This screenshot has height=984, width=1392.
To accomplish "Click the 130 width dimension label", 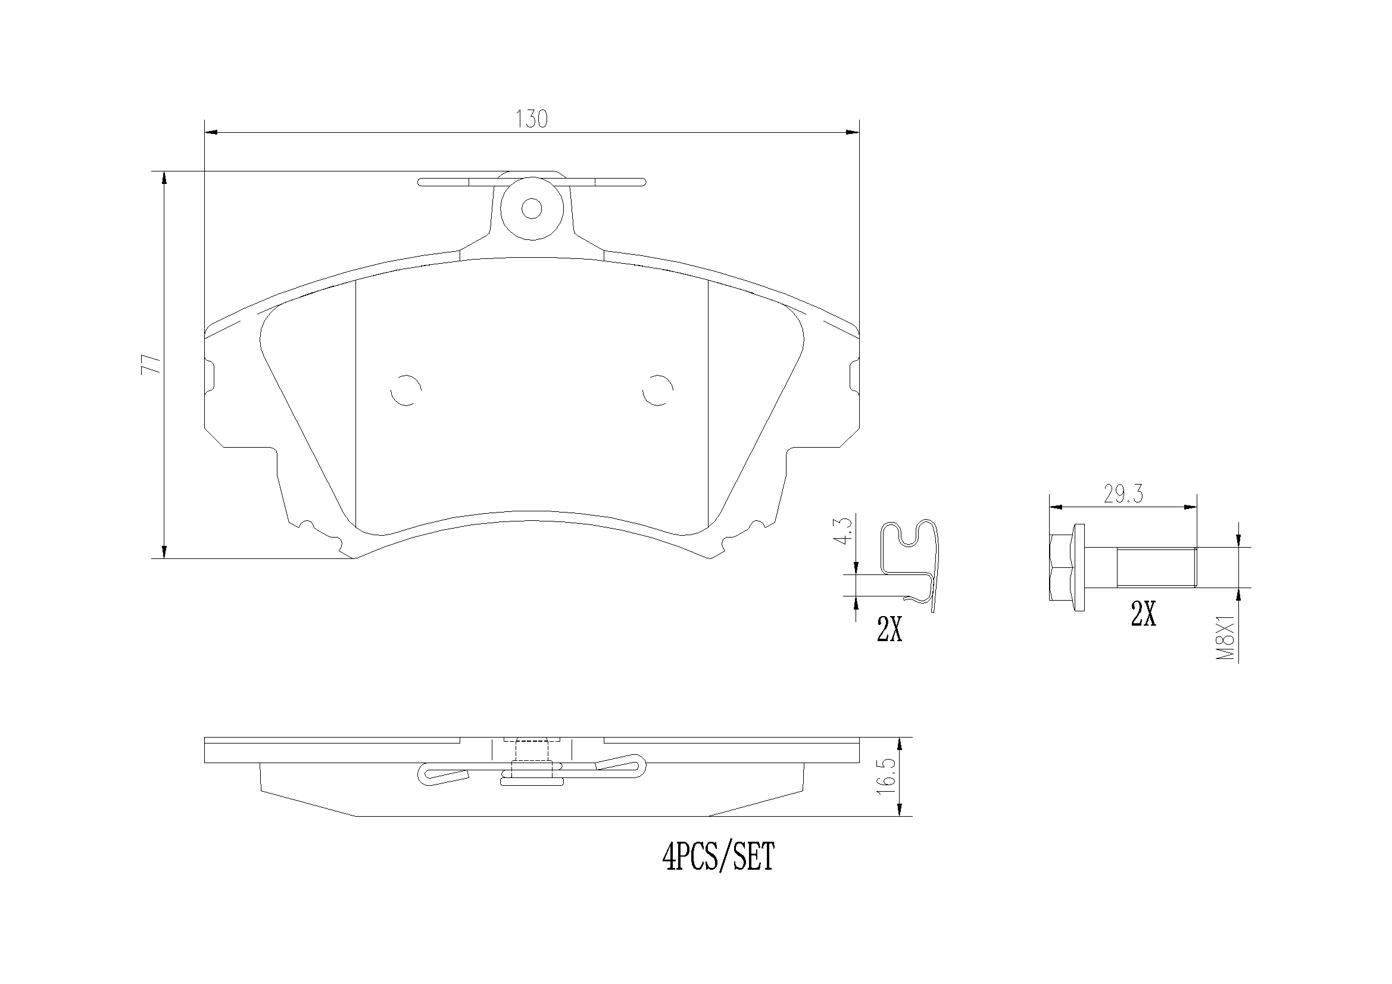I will click(532, 120).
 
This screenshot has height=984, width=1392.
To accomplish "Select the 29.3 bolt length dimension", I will click(1123, 495).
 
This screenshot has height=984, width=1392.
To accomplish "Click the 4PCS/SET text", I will click(719, 857).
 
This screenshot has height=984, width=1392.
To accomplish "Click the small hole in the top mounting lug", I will click(532, 208).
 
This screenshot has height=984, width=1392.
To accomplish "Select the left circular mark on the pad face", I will click(406, 390).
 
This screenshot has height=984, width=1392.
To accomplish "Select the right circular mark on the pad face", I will click(658, 390).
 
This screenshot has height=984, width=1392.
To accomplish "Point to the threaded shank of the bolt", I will click(1156, 567).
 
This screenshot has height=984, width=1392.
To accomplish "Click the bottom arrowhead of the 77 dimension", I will click(164, 552).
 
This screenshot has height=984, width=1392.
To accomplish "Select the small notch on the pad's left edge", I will click(210, 375).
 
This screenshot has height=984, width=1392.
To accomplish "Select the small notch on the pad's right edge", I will click(854, 375).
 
